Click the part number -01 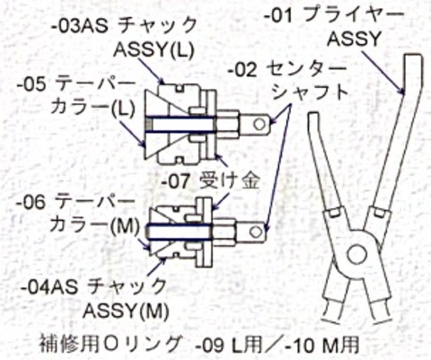click(x=278, y=16)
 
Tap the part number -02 click(x=242, y=70)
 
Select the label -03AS click(x=79, y=25)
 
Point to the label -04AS click(x=48, y=287)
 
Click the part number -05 click(x=31, y=84)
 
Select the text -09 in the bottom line click(x=209, y=346)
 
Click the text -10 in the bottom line click(x=300, y=346)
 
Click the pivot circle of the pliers click(x=356, y=253)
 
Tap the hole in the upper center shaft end click(x=259, y=124)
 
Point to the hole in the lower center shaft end click(x=255, y=232)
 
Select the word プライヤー click(x=354, y=15)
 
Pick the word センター click(x=306, y=69)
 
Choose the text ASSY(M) click(x=126, y=311)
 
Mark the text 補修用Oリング click(x=111, y=344)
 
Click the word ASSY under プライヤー click(x=354, y=39)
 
